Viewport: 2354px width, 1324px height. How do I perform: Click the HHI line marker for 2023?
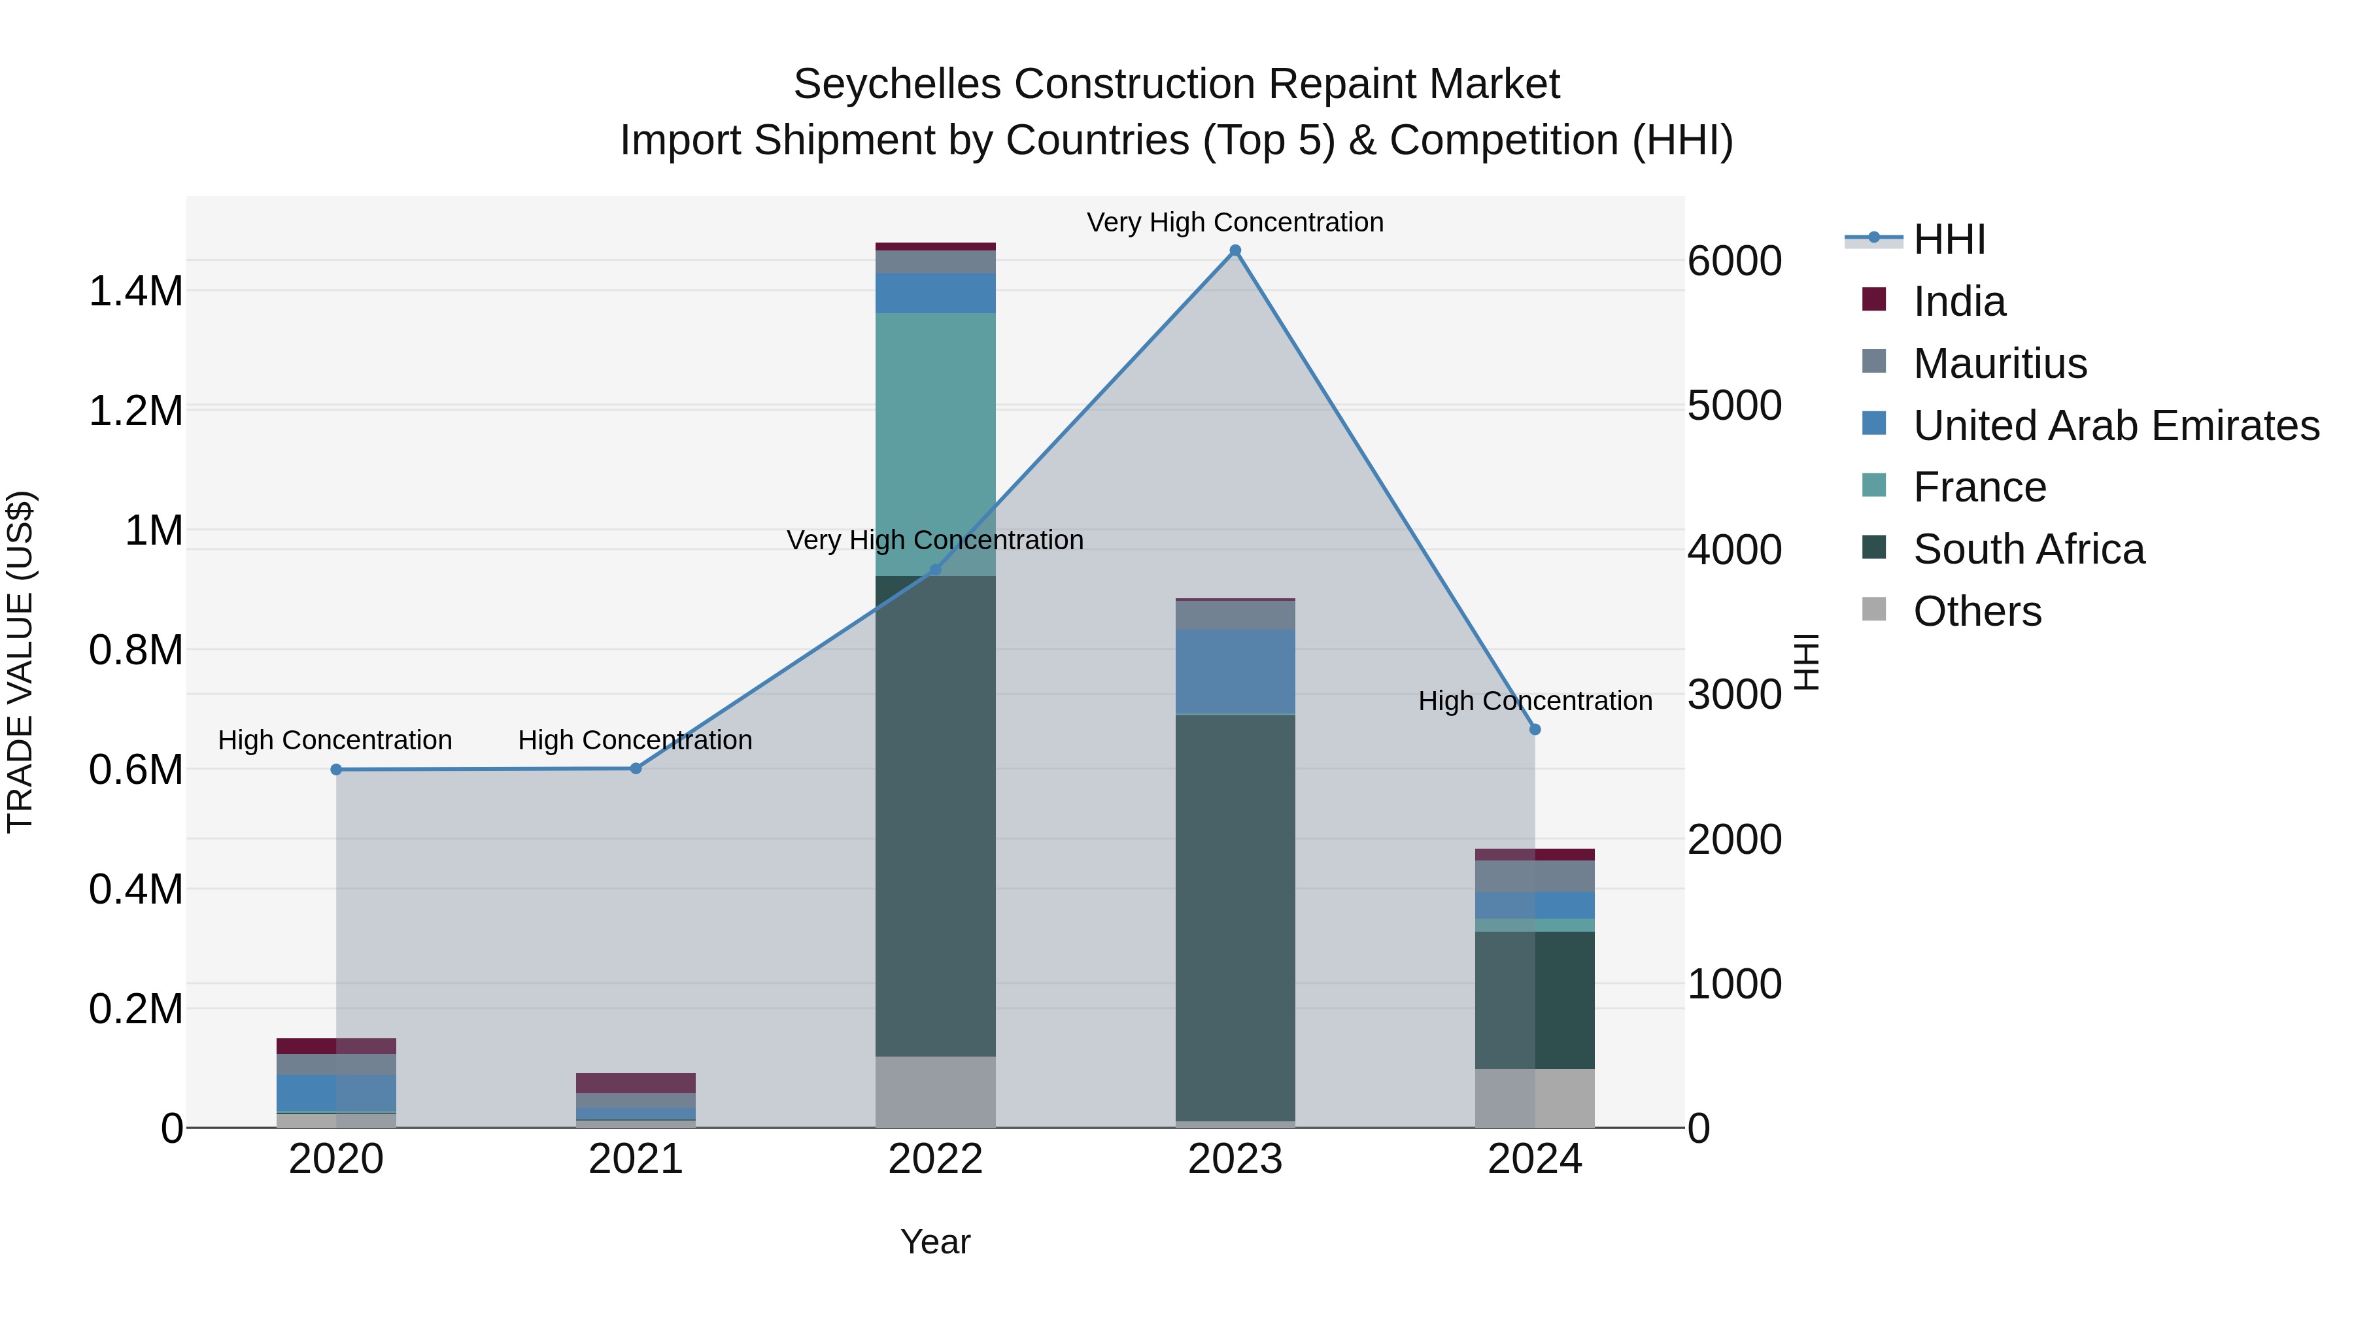(x=1235, y=250)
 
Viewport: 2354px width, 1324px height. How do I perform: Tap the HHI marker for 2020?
(x=336, y=770)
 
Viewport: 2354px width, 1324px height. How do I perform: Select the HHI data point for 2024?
(x=1535, y=729)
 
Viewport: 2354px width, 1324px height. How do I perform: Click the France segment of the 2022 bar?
(x=935, y=445)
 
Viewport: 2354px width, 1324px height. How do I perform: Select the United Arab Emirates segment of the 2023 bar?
(x=1235, y=671)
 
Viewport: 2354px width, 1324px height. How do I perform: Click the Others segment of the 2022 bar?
(x=935, y=1091)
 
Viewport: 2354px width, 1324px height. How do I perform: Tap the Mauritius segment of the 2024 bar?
(x=1535, y=875)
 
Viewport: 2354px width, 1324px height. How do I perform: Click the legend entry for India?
(x=1958, y=301)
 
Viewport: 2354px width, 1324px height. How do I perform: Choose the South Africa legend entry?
(x=2028, y=549)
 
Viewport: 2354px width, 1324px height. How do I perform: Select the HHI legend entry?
(x=1949, y=239)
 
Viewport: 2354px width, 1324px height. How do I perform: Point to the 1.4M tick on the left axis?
(x=135, y=292)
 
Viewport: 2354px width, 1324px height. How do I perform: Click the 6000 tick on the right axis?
(x=1733, y=262)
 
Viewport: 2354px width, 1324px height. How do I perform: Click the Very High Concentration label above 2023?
(x=1235, y=222)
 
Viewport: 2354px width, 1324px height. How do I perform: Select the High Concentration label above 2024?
(x=1535, y=701)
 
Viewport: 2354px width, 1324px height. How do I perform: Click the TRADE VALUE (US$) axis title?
(x=20, y=662)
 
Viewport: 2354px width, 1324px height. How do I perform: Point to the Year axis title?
(x=935, y=1242)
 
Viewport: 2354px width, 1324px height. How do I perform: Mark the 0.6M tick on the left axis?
(x=135, y=770)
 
